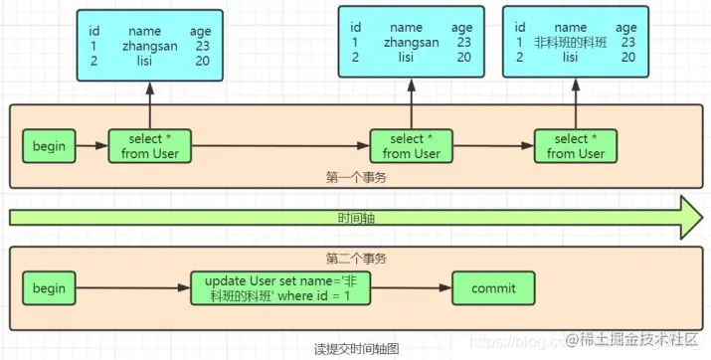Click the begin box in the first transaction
tap(49, 147)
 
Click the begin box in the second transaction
tap(49, 288)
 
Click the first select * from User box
tap(149, 147)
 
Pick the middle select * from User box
tap(411, 147)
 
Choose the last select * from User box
tap(575, 147)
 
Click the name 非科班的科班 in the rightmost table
tap(570, 43)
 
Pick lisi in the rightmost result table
tap(570, 58)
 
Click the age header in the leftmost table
tap(200, 31)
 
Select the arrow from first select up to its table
tap(149, 105)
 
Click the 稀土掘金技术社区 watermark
tap(642, 342)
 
